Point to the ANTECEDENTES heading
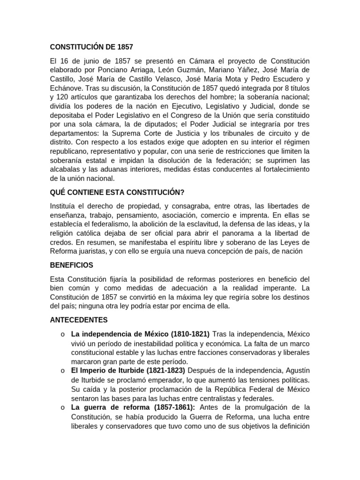click(79, 320)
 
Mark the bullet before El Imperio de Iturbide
click(62, 370)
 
